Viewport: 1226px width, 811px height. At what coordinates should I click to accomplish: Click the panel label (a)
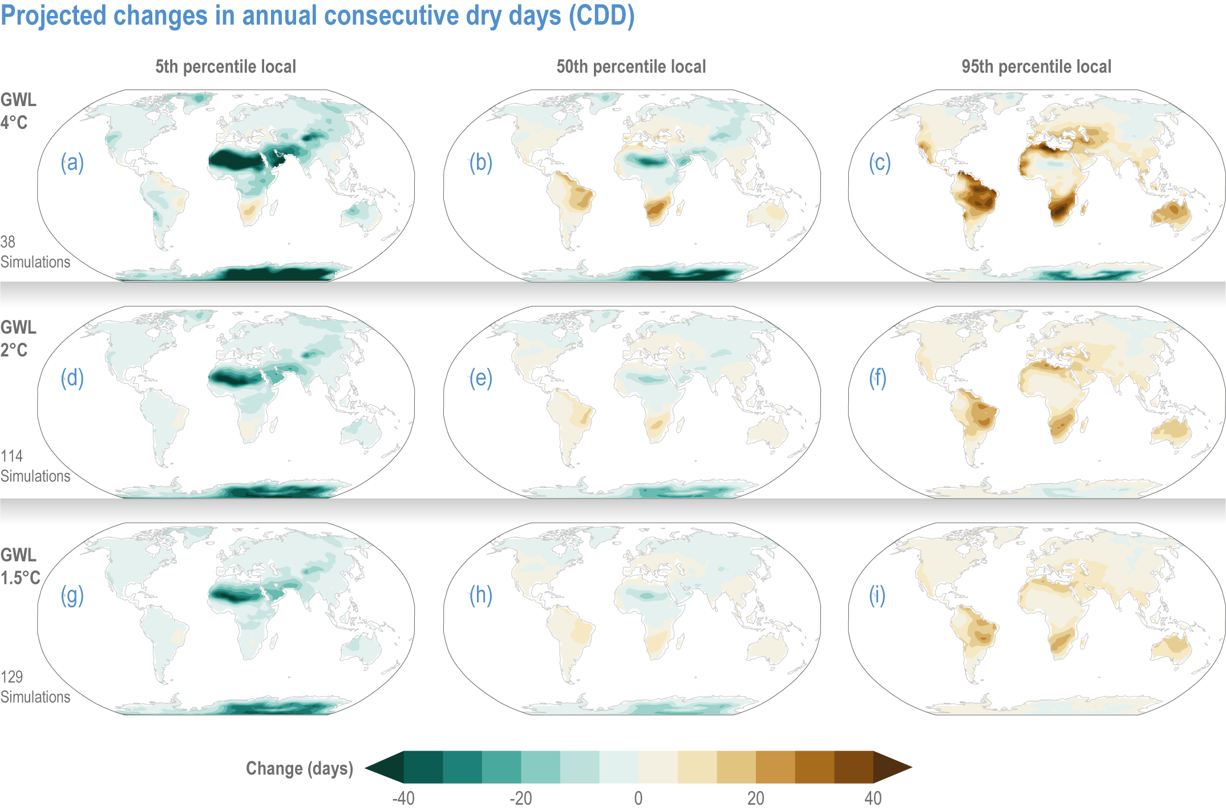(x=72, y=163)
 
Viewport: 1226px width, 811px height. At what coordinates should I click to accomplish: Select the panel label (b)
(x=481, y=163)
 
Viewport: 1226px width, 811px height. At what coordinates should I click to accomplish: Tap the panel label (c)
(x=880, y=163)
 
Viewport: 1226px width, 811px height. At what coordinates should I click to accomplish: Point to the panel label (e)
(x=481, y=378)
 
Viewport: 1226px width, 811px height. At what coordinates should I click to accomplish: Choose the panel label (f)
(x=878, y=378)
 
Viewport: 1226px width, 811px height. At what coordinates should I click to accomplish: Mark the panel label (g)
(x=72, y=595)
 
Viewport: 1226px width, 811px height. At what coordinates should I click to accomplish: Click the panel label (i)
(x=877, y=595)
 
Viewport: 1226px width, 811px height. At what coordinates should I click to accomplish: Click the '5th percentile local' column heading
(x=226, y=67)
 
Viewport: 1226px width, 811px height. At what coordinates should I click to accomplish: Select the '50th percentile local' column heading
(x=631, y=67)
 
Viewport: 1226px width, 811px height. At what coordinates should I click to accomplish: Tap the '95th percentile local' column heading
(x=1037, y=67)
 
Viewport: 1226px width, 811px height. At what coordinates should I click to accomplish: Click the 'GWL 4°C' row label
(x=18, y=111)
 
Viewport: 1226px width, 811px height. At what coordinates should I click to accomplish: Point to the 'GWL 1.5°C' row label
(x=21, y=566)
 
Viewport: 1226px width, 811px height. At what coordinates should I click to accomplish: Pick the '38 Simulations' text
(x=35, y=252)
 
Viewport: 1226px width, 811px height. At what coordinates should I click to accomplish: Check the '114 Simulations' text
(x=35, y=466)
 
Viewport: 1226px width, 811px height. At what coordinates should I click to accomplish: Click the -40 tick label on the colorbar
(x=403, y=798)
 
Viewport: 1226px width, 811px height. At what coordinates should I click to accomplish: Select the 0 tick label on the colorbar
(x=638, y=798)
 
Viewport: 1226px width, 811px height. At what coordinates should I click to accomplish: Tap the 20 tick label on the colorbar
(x=756, y=798)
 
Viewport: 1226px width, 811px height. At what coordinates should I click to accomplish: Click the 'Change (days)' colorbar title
(x=300, y=769)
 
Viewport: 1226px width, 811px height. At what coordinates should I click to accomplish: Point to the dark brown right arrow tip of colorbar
(x=911, y=767)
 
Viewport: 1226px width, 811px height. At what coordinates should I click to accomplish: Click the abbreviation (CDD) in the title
(x=602, y=15)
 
